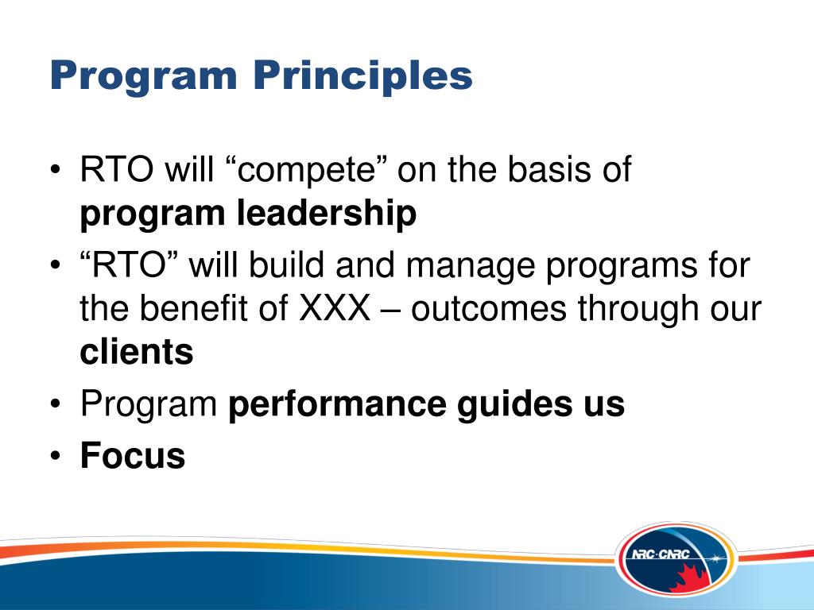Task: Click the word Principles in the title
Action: [363, 76]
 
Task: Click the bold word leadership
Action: [327, 214]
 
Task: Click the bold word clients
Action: [137, 351]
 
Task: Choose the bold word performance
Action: [337, 405]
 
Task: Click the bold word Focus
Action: [133, 455]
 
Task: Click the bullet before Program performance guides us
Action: [56, 403]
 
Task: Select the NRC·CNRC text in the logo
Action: [661, 555]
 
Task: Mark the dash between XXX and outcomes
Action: [391, 311]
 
